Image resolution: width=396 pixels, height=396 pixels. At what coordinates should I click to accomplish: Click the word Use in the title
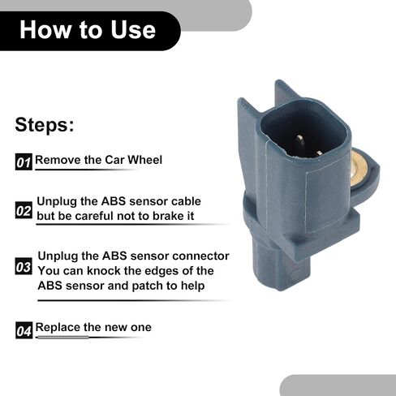coord(133,29)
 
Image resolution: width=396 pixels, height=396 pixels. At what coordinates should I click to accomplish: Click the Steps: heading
coord(45,125)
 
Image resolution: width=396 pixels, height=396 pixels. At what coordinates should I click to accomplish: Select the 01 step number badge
coord(24,162)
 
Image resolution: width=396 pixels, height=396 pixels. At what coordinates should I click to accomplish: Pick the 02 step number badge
coord(24,210)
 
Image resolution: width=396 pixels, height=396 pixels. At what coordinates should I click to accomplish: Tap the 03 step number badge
coord(24,266)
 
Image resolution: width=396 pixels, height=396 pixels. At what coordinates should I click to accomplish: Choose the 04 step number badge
coord(24,330)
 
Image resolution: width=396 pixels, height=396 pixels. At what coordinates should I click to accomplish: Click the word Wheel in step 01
coord(145,160)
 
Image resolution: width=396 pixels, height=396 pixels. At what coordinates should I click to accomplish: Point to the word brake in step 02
coord(168,216)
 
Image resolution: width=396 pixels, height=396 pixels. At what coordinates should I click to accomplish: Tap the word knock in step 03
coord(102,270)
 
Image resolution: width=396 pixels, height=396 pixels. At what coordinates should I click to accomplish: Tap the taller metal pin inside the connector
coord(300,143)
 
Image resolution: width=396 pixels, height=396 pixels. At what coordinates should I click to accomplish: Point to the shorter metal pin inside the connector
coord(319,154)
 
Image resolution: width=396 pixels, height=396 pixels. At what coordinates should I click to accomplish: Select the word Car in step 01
coord(114,160)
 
